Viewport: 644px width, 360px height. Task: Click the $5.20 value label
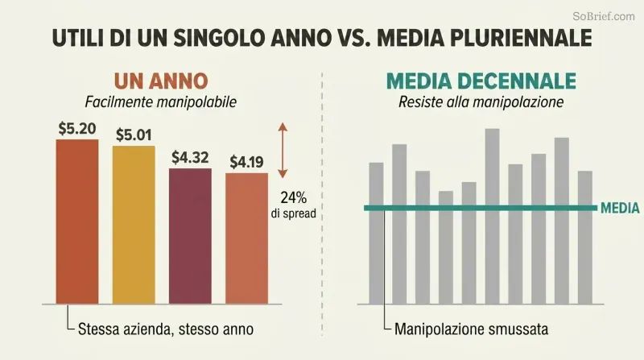[77, 129]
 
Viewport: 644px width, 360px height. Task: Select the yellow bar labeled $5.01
[134, 225]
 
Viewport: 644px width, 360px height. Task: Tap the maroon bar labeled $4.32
[190, 236]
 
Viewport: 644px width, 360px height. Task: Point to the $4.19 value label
[246, 163]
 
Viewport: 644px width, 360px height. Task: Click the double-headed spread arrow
[283, 150]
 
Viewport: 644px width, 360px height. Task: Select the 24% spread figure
[294, 197]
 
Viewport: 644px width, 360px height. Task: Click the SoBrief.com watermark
[604, 16]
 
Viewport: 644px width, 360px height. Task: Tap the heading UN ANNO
[161, 81]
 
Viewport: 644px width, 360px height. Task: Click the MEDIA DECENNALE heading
[481, 81]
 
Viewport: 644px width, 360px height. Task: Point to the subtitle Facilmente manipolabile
[160, 102]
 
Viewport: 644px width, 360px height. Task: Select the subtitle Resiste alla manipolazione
[481, 101]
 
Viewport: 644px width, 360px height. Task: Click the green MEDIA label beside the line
[620, 208]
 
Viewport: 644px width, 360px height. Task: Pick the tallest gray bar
[492, 217]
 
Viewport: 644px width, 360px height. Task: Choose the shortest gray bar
[446, 247]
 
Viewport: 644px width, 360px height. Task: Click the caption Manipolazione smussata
[471, 329]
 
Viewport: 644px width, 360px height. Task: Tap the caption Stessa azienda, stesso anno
[166, 329]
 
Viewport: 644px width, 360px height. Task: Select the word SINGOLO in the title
[217, 38]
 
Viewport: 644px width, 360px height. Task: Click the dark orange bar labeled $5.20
[77, 222]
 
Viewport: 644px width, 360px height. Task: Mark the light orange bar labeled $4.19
[246, 238]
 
